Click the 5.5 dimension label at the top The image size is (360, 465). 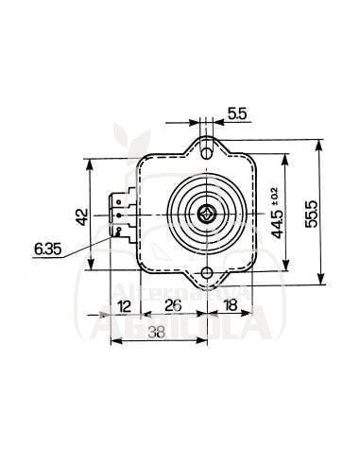coord(238,113)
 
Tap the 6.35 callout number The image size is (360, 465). coord(46,250)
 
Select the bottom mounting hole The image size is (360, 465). coord(207,274)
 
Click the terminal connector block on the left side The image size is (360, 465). coord(121,215)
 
